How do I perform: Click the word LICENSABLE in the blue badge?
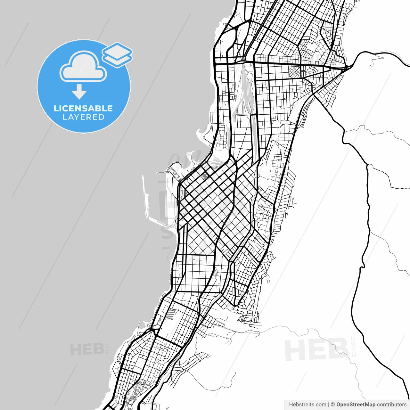click(83, 108)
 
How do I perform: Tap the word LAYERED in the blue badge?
click(83, 117)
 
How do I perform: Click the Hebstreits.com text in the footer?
click(307, 405)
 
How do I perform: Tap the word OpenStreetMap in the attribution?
click(356, 405)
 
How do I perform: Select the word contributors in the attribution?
click(391, 405)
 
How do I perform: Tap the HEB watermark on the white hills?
click(316, 349)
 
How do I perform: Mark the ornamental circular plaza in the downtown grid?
click(204, 176)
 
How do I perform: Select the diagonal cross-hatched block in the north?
click(295, 72)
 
